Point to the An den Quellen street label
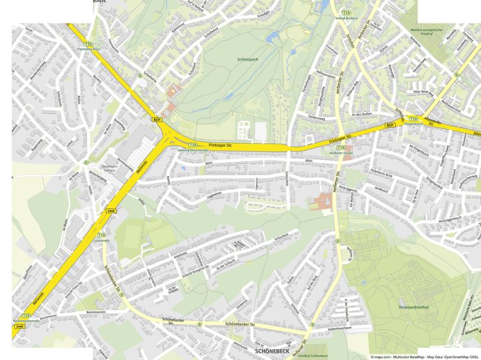tap(362, 114)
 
